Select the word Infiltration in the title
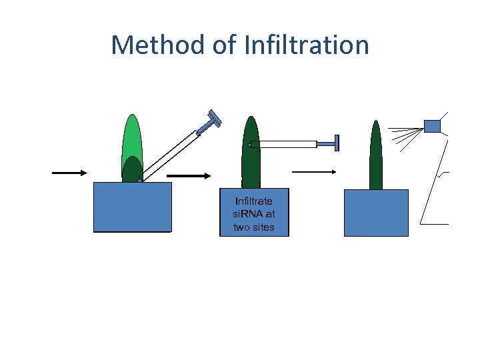coord(307,45)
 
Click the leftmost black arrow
coord(70,173)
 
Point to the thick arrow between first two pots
coord(189,176)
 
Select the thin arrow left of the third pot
coord(314,171)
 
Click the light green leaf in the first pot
coord(133,137)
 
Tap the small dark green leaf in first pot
coord(132,170)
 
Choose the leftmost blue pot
coord(132,207)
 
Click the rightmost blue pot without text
coord(376,213)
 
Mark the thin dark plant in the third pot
coord(376,157)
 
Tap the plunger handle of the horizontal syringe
coord(336,143)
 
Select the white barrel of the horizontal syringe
coord(287,144)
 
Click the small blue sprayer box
coord(432,126)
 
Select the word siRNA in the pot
coord(253,214)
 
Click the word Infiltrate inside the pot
coord(253,201)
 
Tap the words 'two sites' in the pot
coord(253,227)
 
